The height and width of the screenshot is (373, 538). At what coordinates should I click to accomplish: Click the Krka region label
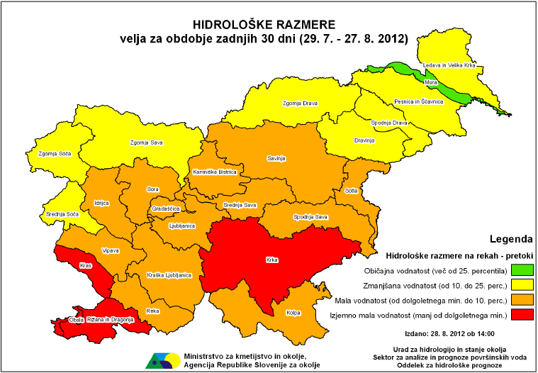point(271,260)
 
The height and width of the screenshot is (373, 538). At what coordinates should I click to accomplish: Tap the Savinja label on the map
point(276,158)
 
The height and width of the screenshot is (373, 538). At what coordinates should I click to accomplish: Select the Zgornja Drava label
point(300,104)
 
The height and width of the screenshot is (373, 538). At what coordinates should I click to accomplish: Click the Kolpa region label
point(295,312)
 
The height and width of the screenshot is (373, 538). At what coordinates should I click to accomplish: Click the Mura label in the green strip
point(430,82)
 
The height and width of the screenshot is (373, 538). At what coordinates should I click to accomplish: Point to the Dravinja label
point(364,140)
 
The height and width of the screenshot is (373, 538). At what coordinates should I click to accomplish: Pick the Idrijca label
point(101,203)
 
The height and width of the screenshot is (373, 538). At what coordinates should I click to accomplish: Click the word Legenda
point(511,239)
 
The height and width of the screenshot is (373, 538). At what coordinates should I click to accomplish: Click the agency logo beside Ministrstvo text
point(162,360)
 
